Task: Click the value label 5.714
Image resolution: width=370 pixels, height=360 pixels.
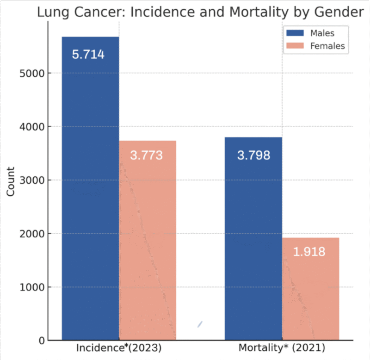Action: tap(88, 54)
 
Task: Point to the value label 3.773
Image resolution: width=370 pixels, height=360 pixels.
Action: tap(146, 155)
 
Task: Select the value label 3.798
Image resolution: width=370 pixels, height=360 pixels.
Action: tap(253, 155)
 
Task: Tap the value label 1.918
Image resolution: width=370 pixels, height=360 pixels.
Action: tap(309, 252)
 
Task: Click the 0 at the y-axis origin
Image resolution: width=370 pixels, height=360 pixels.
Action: tap(40, 341)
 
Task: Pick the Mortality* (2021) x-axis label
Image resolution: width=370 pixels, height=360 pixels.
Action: tap(282, 348)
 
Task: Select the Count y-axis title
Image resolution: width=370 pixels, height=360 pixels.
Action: tap(11, 181)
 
